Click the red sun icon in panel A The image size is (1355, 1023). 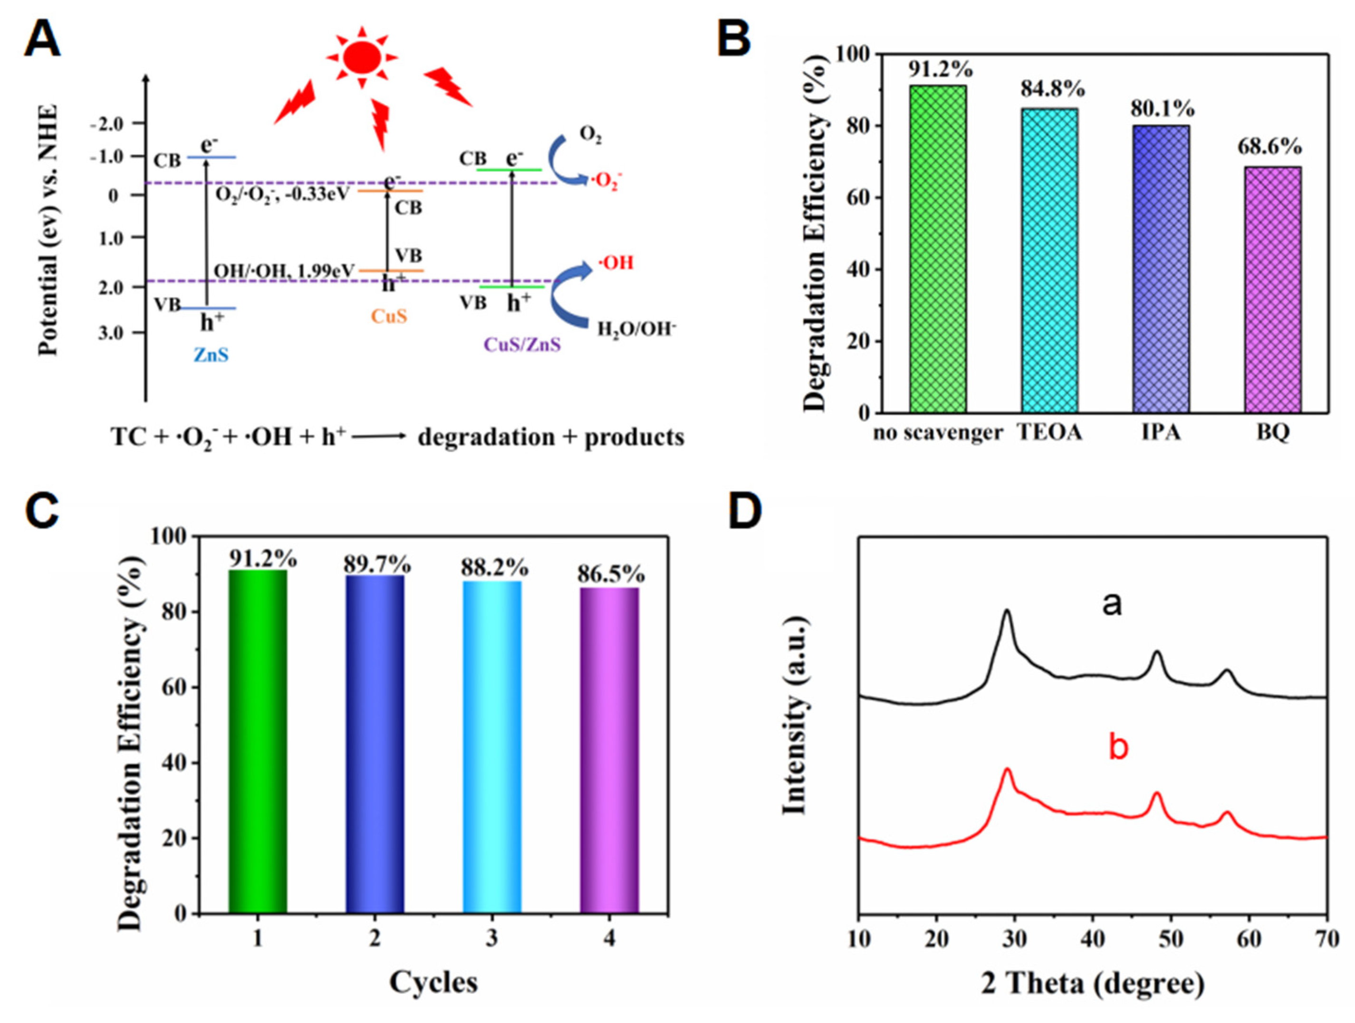[x=362, y=57]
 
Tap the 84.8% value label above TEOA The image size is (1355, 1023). [x=1052, y=89]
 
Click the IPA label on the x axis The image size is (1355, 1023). [x=1161, y=433]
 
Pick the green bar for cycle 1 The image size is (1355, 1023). [x=257, y=741]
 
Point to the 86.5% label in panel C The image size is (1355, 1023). [x=611, y=574]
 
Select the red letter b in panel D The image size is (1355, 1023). [x=1118, y=748]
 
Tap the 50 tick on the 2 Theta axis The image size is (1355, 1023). [x=1171, y=939]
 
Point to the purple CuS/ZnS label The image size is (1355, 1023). [x=522, y=345]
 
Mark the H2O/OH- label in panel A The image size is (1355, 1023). [x=636, y=330]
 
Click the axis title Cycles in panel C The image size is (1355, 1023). [x=433, y=982]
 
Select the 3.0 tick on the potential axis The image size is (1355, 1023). [x=111, y=333]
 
